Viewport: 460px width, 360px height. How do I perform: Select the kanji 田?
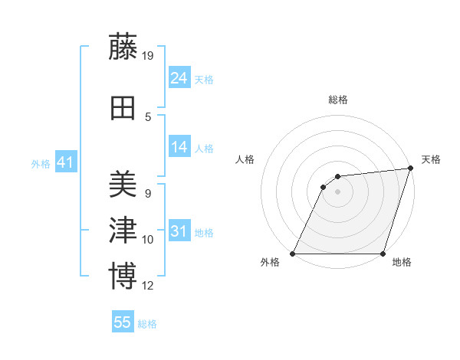pos(123,109)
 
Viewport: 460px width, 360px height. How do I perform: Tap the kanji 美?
pos(123,185)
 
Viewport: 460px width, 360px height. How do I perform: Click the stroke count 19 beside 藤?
pos(149,56)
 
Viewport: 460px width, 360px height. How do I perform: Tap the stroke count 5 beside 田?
pos(148,117)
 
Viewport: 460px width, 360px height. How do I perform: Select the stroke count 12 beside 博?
pos(149,286)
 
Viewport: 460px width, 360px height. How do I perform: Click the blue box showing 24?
pos(179,77)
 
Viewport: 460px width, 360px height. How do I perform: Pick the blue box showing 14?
pos(179,147)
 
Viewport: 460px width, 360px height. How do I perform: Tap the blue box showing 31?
pos(179,231)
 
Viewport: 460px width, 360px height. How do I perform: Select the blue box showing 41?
pos(65,162)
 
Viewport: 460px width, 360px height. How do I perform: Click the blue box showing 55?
pos(123,322)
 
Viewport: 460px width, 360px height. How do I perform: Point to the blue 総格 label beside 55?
pos(147,324)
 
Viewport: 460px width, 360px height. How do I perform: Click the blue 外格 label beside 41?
pos(41,164)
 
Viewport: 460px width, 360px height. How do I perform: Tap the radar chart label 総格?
pos(337,100)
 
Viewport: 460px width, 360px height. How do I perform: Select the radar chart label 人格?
pos(245,159)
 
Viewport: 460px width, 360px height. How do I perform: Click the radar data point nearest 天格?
pos(412,169)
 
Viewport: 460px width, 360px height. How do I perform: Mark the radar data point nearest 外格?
pos(293,254)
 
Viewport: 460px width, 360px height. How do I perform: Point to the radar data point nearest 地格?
pos(383,254)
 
